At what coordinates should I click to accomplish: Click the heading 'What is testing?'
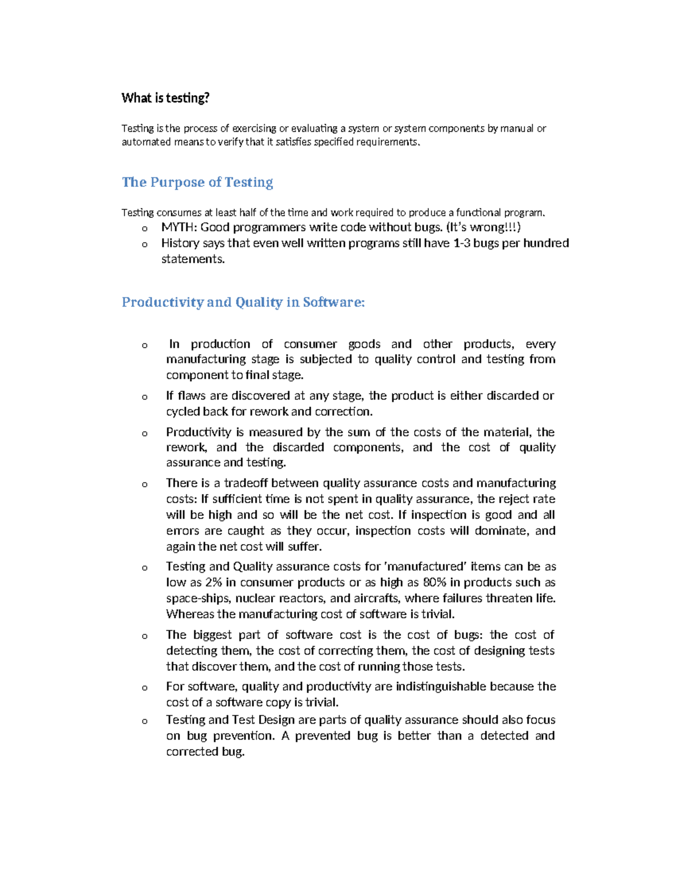tap(165, 98)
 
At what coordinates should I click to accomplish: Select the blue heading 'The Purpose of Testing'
tap(197, 182)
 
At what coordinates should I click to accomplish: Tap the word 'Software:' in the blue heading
tap(333, 302)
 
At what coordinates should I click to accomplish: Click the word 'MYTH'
tap(177, 227)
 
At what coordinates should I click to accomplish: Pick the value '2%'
tap(214, 582)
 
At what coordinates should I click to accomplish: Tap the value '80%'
tap(434, 582)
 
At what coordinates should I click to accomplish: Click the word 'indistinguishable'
tap(441, 687)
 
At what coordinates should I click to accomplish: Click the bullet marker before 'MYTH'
tap(145, 228)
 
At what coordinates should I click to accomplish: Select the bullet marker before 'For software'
tap(145, 688)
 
